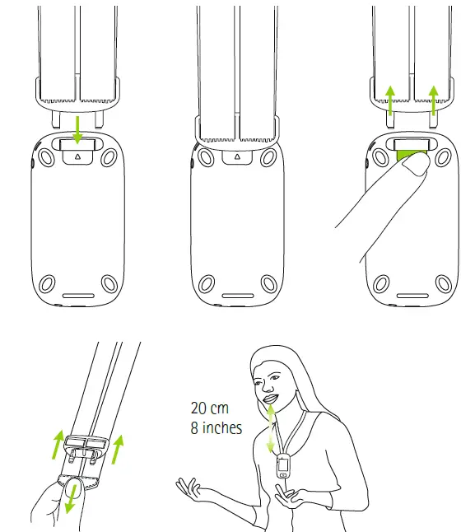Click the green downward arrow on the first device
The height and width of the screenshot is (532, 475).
pyautogui.click(x=75, y=130)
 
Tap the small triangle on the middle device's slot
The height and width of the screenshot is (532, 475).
pyautogui.click(x=235, y=155)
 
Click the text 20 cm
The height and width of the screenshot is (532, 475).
pyautogui.click(x=210, y=408)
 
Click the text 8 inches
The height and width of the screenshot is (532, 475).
pyautogui.click(x=217, y=428)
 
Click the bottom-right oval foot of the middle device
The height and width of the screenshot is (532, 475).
pyautogui.click(x=268, y=285)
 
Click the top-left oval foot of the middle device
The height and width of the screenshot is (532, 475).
pyautogui.click(x=203, y=156)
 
